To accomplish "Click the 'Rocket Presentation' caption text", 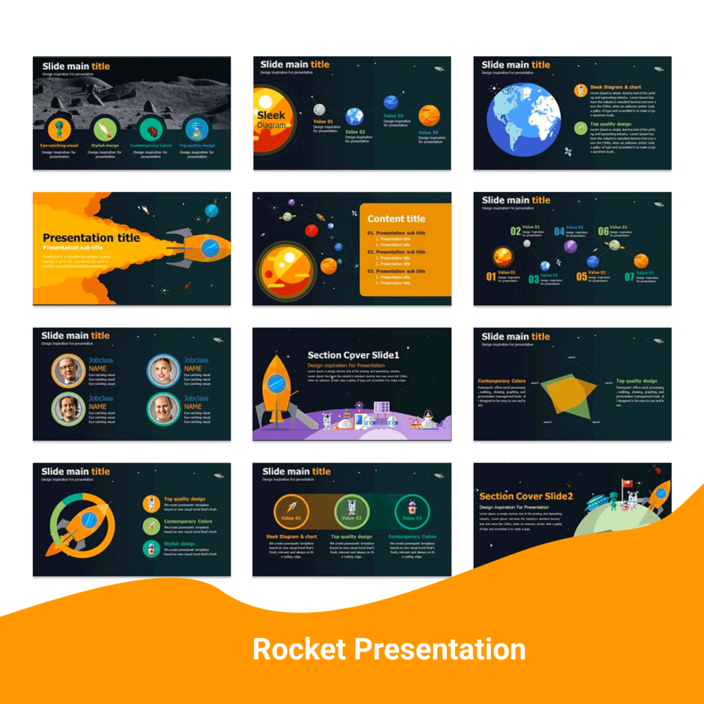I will click(x=388, y=650).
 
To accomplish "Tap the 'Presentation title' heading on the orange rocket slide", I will click(x=91, y=238).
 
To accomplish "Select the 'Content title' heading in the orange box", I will click(x=396, y=219).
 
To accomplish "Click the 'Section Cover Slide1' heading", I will click(x=353, y=355).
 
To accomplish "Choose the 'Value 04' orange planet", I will click(x=429, y=115).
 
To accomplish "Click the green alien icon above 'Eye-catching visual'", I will click(x=59, y=129).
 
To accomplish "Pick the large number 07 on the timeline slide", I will click(x=628, y=278).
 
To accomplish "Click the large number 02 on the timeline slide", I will click(x=515, y=232).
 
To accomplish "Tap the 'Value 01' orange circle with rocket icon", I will click(x=291, y=512).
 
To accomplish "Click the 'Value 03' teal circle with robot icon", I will click(x=412, y=512).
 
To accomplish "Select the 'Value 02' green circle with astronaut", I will click(x=352, y=512).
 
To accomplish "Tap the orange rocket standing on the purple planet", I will click(x=276, y=388).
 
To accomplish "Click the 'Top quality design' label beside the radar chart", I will click(x=637, y=381).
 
